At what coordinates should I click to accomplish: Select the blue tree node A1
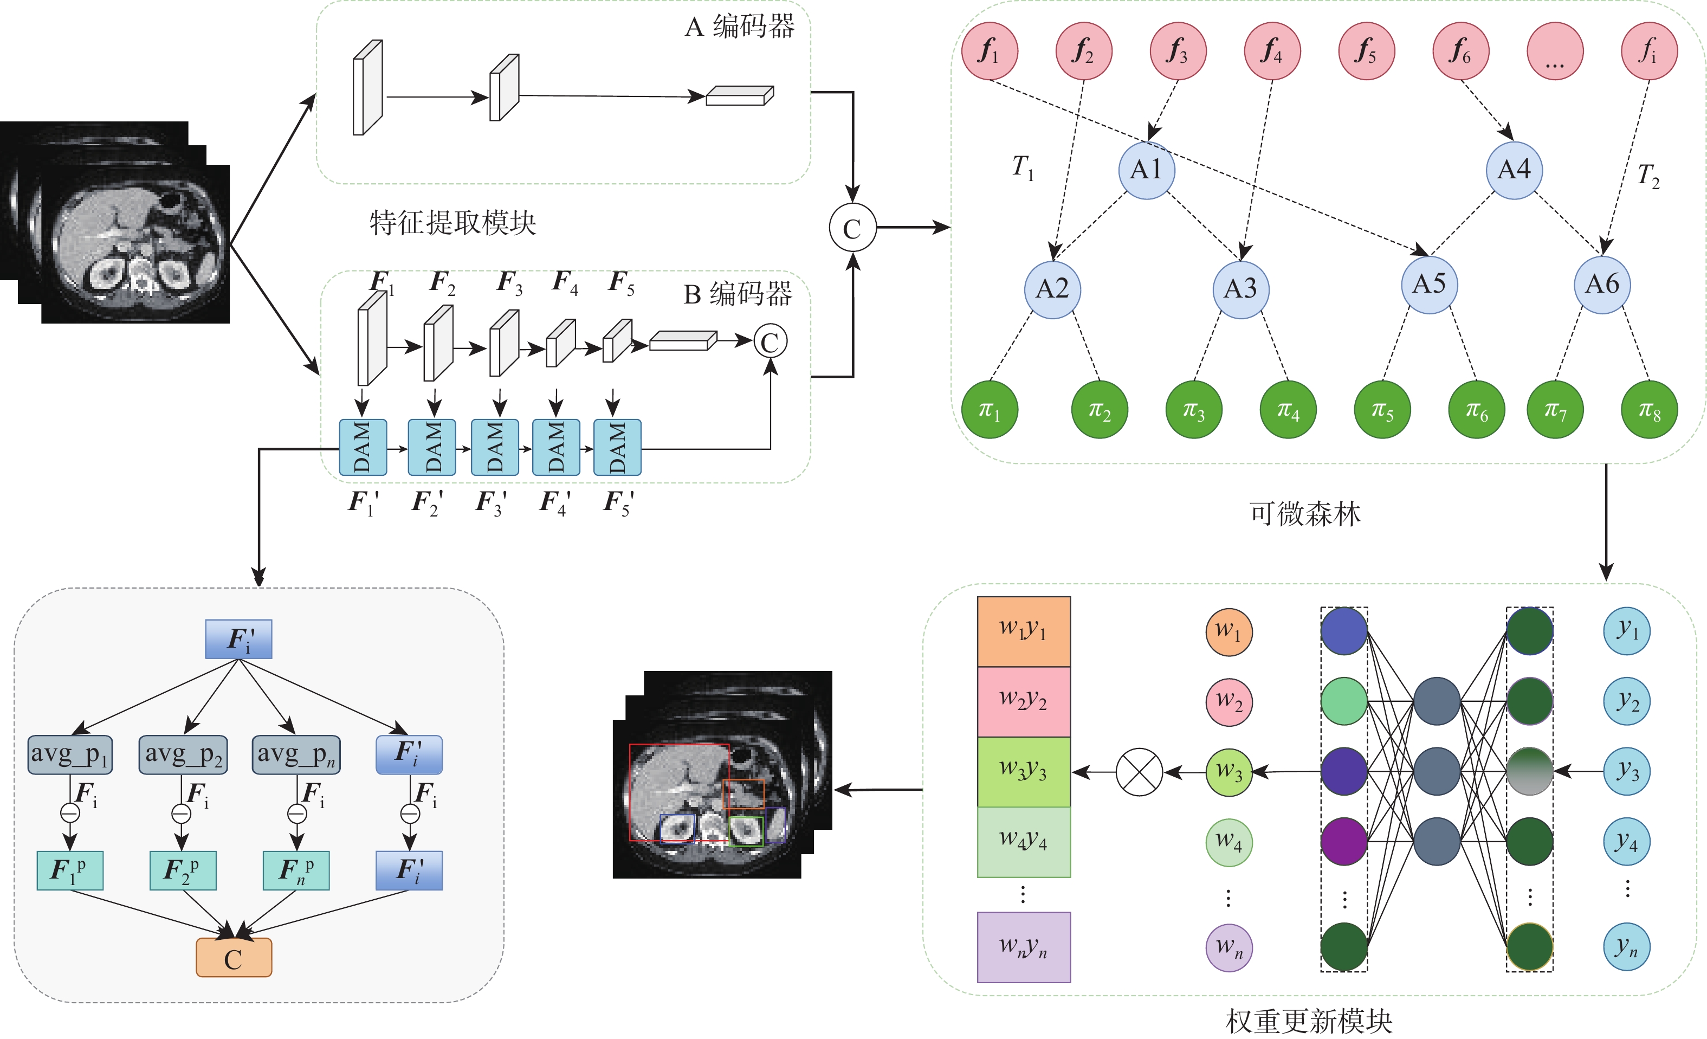[x=1147, y=170]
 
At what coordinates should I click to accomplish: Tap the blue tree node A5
[x=1429, y=285]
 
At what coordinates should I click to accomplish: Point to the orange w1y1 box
[x=1023, y=631]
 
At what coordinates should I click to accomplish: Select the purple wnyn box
[x=1023, y=947]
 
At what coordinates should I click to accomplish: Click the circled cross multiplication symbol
[x=1139, y=772]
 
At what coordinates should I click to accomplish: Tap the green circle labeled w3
[x=1228, y=772]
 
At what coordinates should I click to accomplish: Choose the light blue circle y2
[x=1627, y=701]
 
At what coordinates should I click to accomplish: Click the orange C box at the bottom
[x=234, y=958]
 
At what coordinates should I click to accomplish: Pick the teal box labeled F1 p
[x=69, y=870]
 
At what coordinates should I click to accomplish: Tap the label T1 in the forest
[x=1023, y=167]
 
